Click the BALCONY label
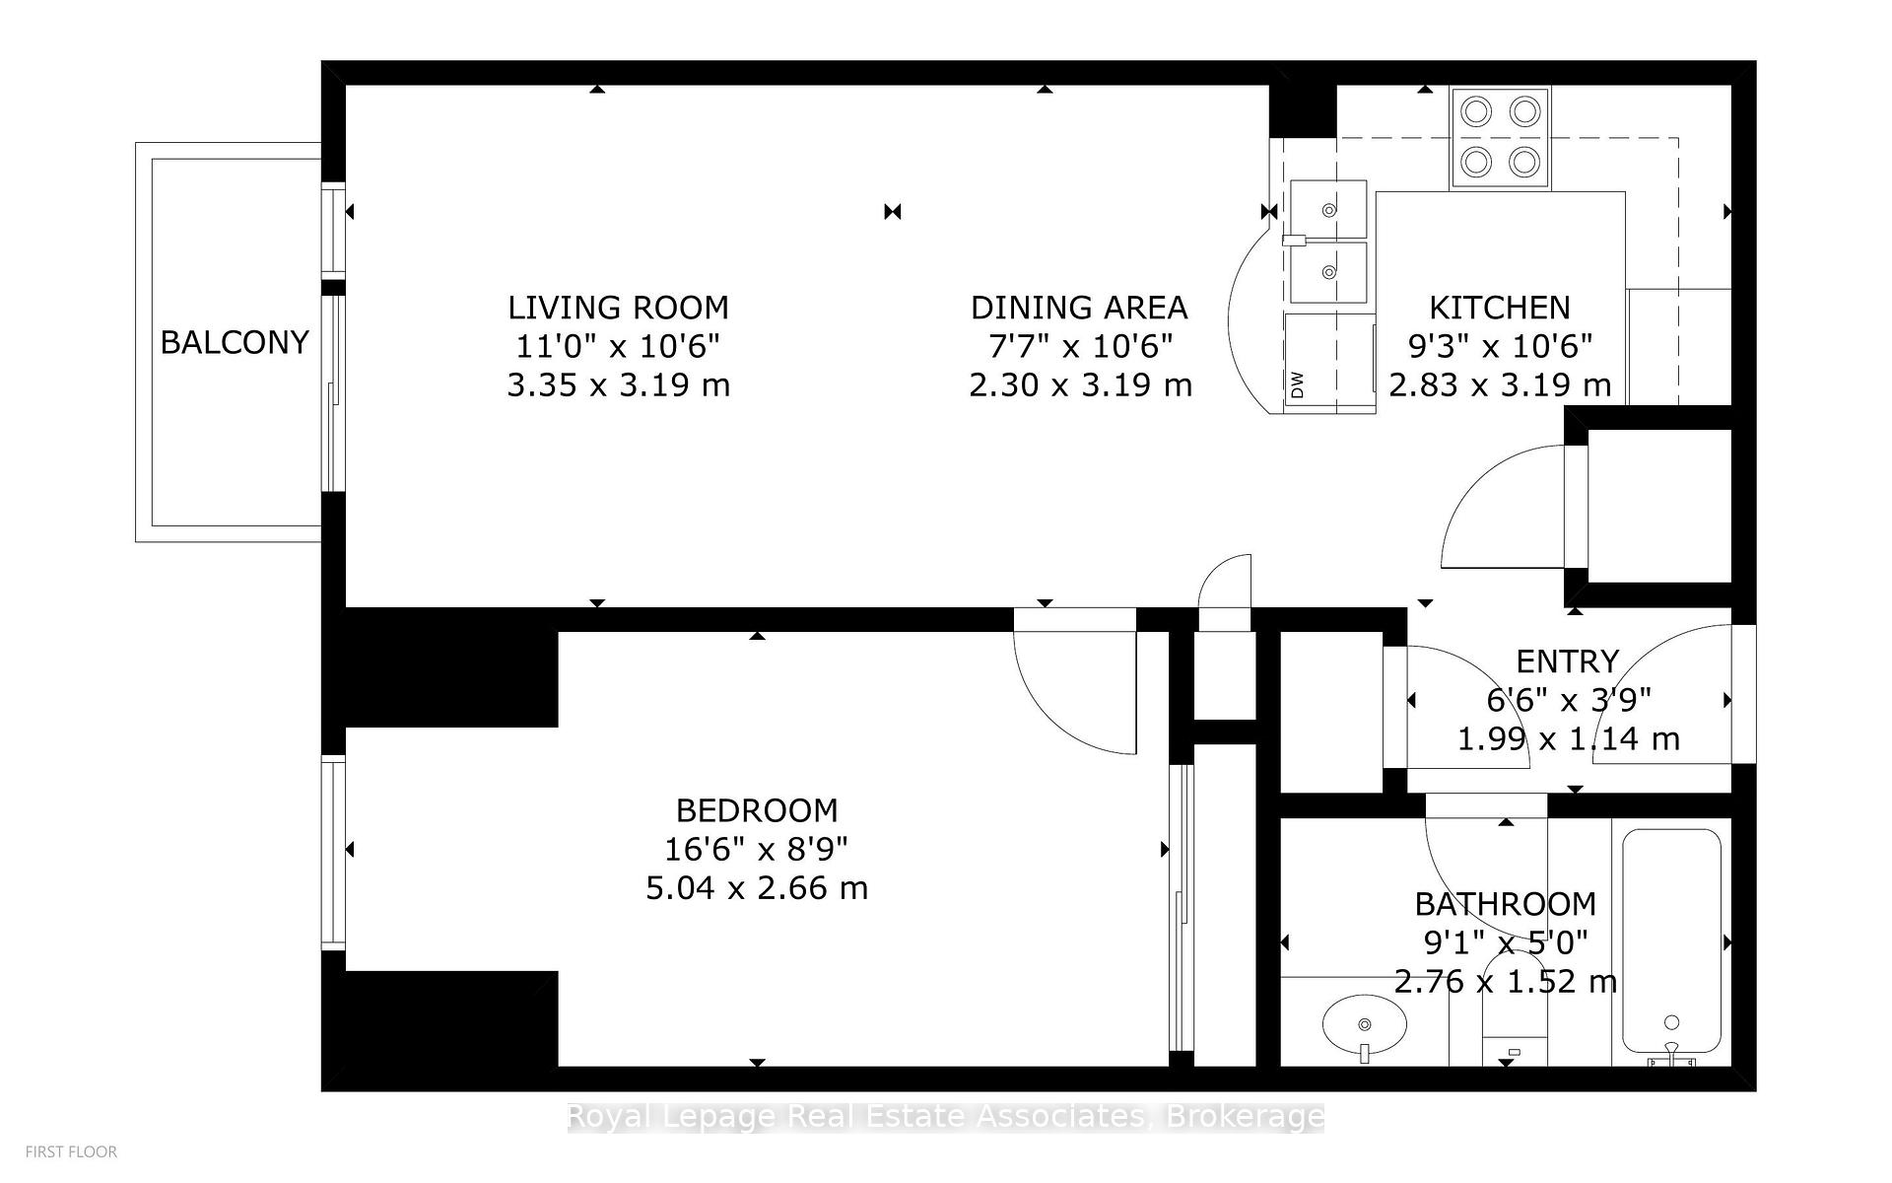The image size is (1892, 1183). point(235,342)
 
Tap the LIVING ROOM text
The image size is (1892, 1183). point(618,308)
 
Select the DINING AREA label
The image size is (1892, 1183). point(1079,308)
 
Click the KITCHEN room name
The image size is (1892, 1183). point(1499,308)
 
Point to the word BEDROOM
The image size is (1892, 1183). point(757,810)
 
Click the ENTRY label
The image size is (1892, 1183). point(1567,661)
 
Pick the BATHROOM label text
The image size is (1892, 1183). point(1505,904)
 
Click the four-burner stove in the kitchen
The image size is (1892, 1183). point(1500,137)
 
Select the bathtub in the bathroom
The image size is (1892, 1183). point(1671,941)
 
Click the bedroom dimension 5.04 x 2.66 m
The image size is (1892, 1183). point(757,888)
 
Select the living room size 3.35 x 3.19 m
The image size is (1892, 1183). point(618,384)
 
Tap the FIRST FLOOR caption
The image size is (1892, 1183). point(71,1151)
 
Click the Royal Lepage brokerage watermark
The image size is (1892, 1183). point(945,1117)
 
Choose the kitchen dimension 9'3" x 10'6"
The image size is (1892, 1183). point(1499,346)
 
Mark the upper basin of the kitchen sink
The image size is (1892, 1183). point(1328,209)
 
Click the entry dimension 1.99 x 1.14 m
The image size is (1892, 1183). point(1568,738)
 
